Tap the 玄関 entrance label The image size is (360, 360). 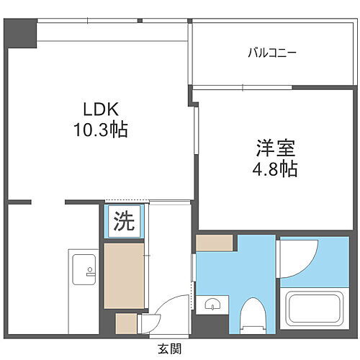(x=170, y=348)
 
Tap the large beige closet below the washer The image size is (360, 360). (x=124, y=275)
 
